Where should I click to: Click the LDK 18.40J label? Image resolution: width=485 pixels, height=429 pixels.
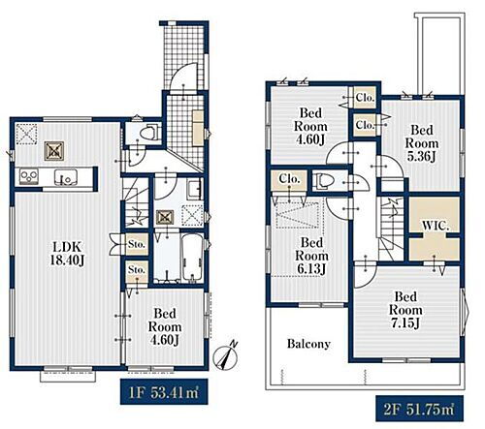[68, 254]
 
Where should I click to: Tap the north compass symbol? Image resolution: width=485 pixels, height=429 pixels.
[227, 355]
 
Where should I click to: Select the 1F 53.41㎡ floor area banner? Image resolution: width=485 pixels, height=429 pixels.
[164, 391]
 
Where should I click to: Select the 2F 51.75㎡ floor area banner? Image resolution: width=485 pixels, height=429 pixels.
[419, 409]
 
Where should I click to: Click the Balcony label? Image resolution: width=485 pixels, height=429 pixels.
[308, 344]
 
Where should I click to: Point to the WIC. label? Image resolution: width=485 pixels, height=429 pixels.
[436, 226]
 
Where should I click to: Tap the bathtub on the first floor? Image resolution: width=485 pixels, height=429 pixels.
[192, 258]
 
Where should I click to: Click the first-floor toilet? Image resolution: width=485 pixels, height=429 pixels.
[149, 133]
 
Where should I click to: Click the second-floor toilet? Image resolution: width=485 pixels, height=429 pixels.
[324, 182]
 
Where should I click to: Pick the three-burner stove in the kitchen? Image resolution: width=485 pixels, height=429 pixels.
[29, 176]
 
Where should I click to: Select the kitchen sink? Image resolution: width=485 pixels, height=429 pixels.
[66, 177]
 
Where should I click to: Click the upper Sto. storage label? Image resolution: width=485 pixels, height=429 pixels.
[137, 244]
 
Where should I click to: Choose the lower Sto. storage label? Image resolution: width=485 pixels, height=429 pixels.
[137, 269]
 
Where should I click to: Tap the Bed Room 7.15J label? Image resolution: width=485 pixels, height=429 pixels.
[405, 310]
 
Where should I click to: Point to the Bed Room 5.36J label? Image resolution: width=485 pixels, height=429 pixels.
[422, 143]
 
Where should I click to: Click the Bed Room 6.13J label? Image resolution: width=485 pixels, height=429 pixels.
[311, 256]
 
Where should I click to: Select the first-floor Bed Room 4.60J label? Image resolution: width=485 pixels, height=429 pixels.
[165, 326]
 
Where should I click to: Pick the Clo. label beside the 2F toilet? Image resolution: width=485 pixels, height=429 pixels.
[289, 179]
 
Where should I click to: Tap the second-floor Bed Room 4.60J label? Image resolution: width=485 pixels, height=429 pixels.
[310, 126]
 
